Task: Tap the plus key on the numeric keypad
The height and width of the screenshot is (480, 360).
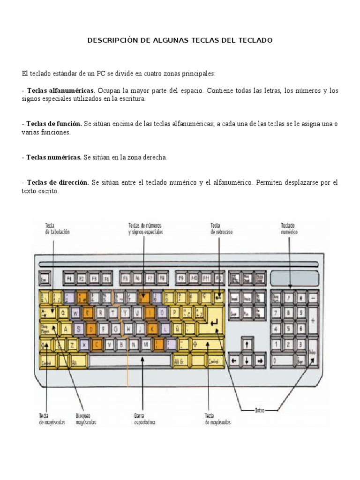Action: coord(313,321)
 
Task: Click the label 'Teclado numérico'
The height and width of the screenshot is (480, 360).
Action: coord(289,228)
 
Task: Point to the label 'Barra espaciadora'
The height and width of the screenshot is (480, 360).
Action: coord(144,419)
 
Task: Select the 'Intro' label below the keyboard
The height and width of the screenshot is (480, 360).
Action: coord(260,410)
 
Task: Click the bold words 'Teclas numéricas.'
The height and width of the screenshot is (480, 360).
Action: coord(54,157)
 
